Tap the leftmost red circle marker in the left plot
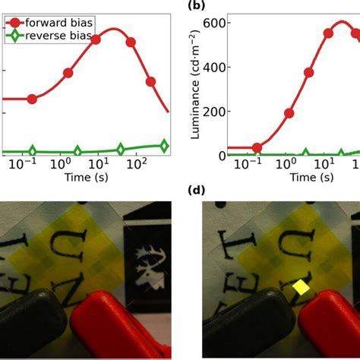pyautogui.click(x=31, y=99)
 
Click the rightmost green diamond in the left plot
pyautogui.click(x=164, y=145)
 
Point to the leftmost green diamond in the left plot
pyautogui.click(x=31, y=151)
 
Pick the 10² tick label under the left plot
pyautogui.click(x=135, y=164)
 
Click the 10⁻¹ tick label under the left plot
pyautogui.click(x=32, y=164)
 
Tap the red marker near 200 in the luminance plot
pyautogui.click(x=289, y=113)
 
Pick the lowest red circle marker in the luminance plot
pyautogui.click(x=257, y=147)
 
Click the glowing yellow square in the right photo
pyautogui.click(x=301, y=288)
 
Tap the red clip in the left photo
pyautogui.click(x=122, y=319)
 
